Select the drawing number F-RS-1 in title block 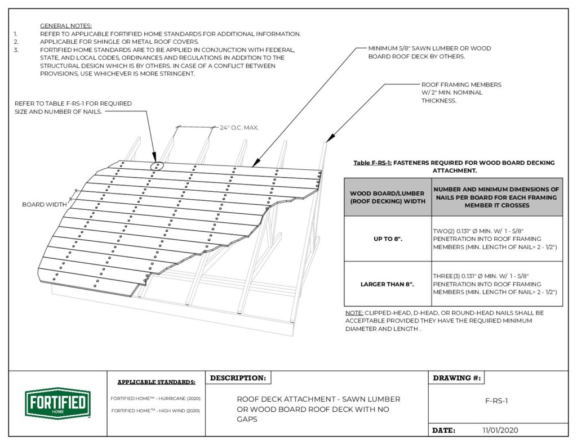point(496,402)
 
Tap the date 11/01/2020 point(500,430)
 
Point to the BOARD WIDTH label point(43,204)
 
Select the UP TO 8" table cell point(388,239)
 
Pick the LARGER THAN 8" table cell point(388,284)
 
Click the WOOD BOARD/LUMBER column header point(388,197)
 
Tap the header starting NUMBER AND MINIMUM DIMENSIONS point(496,197)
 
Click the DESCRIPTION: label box point(238,378)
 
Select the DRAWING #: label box point(456,378)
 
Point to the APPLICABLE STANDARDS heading point(156,382)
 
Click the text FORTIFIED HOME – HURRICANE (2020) point(156,398)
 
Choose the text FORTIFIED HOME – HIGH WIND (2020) point(156,411)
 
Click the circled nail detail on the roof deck point(157,166)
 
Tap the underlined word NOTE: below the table point(354,312)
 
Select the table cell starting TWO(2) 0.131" point(496,239)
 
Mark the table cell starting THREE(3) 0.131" point(496,284)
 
